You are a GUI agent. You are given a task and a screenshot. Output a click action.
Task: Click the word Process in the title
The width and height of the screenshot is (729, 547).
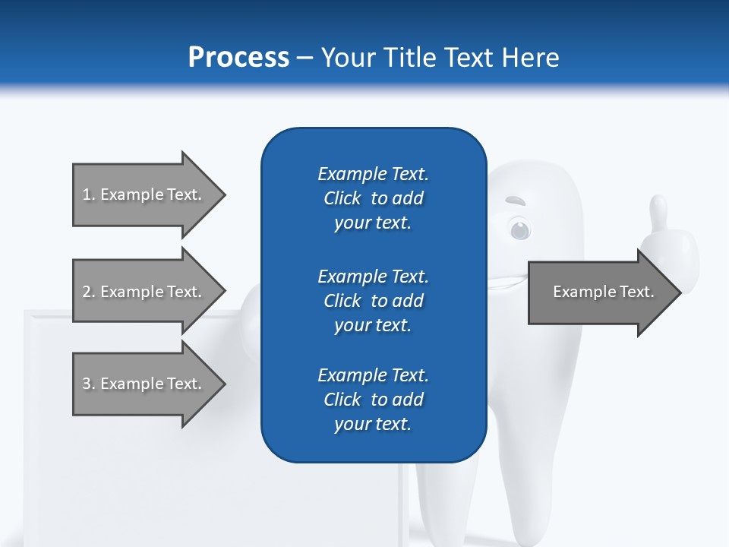238,57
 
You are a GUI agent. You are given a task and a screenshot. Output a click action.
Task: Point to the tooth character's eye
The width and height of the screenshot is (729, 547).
519,229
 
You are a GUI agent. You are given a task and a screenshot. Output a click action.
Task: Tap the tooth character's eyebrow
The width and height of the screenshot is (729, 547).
516,202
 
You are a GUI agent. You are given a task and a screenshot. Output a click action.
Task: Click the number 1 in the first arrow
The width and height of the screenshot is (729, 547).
87,194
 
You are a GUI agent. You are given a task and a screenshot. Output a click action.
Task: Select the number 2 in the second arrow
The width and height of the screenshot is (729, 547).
87,292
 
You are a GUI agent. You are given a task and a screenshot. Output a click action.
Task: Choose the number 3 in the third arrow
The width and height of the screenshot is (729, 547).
87,384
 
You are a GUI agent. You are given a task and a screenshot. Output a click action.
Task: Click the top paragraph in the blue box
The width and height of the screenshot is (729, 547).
373,198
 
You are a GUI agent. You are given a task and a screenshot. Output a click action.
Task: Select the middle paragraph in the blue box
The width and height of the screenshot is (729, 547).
373,300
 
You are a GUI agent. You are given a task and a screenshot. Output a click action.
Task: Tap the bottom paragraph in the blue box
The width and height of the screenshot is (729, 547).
373,400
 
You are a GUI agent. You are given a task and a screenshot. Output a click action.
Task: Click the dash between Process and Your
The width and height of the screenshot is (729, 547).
305,58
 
